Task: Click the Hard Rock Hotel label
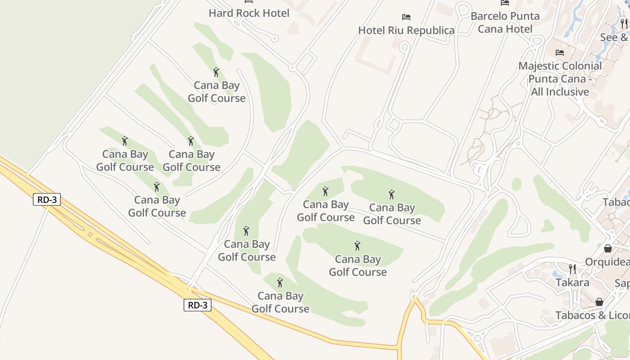[x=249, y=13]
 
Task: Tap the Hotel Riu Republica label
[x=406, y=30]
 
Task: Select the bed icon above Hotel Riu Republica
[x=406, y=17]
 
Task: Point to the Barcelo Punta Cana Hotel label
[x=505, y=22]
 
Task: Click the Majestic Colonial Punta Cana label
[x=560, y=79]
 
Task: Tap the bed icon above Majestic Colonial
[x=560, y=53]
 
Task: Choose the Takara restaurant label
[x=572, y=282]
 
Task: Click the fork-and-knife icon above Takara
[x=572, y=269]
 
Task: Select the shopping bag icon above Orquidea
[x=608, y=248]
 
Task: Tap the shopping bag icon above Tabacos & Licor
[x=599, y=302]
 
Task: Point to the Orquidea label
[x=607, y=261]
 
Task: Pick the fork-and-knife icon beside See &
[x=624, y=24]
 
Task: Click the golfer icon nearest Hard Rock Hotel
[x=216, y=72]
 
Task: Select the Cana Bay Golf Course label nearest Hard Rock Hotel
[x=216, y=92]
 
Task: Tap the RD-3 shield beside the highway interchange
[x=47, y=199]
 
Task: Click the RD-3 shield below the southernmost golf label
[x=198, y=305]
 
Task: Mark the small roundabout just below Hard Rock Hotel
[x=292, y=68]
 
